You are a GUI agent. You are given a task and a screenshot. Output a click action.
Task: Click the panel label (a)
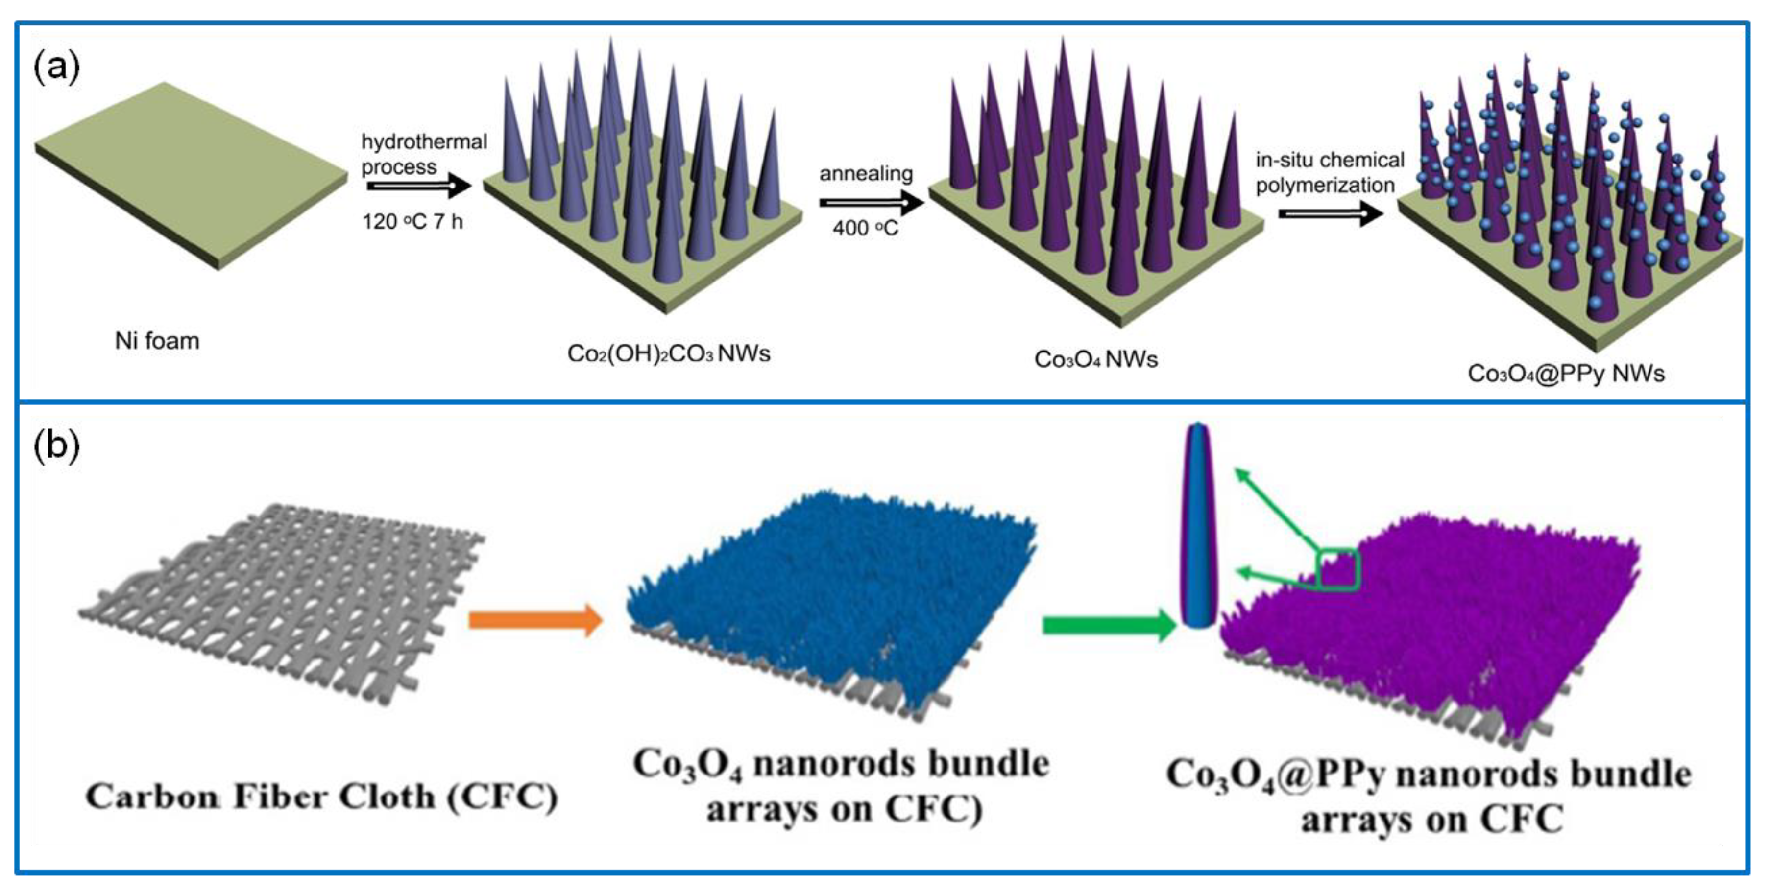[56, 67]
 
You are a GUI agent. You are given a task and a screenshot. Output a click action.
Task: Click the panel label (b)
[56, 446]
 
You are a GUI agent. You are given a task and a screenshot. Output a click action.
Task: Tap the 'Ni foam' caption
[157, 341]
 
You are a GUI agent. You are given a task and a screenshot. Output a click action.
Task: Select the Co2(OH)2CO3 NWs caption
[668, 353]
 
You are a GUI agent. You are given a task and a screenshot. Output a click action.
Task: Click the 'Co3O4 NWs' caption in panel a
[1095, 359]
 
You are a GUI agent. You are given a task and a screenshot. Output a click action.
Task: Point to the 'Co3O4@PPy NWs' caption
[1566, 374]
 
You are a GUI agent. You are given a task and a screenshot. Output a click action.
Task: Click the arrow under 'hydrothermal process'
[418, 186]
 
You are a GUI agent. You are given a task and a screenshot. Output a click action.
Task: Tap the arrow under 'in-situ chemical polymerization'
[1330, 214]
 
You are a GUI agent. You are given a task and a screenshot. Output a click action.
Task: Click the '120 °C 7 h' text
[412, 222]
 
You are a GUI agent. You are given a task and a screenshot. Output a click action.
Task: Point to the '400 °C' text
[865, 228]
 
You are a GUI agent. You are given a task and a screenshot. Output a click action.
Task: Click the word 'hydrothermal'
[424, 142]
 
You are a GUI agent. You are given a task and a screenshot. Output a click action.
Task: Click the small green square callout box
[1337, 569]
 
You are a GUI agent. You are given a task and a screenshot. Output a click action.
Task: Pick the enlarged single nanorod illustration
[1198, 525]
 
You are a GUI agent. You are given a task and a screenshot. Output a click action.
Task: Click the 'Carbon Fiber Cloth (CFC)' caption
[321, 797]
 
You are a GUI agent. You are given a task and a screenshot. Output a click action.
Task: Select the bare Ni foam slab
[191, 175]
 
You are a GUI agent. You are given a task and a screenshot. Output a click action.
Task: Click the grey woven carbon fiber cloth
[282, 604]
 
